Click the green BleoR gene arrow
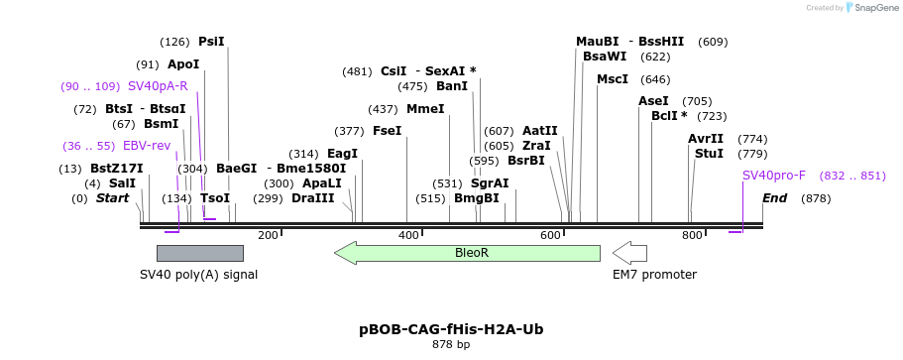(468, 253)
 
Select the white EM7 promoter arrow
(629, 253)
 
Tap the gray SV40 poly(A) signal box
(199, 253)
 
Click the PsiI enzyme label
(211, 42)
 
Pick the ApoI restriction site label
(183, 64)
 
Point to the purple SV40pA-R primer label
(158, 86)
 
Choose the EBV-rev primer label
(147, 146)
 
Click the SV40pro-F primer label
(774, 176)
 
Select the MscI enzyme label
(613, 79)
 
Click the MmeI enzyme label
(425, 109)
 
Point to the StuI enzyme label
(709, 154)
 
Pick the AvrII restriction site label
(706, 139)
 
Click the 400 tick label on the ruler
(408, 235)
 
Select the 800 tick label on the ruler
(692, 235)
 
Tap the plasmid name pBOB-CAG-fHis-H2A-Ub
(451, 329)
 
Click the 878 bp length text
(451, 345)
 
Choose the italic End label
(774, 198)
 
